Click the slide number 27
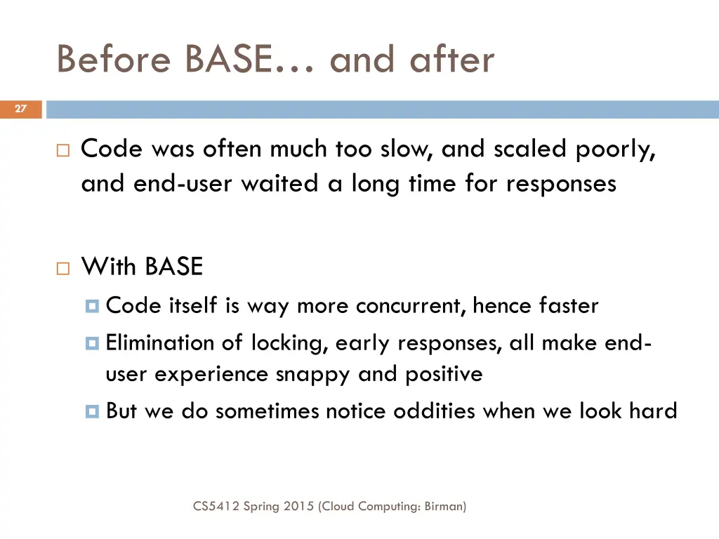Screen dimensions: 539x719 tap(20, 109)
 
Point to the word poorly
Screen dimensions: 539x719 tap(616, 149)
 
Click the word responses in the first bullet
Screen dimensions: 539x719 tap(561, 184)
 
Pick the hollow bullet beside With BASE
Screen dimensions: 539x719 tap(63, 267)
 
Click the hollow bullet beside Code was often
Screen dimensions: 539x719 tap(63, 149)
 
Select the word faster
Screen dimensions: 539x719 tap(569, 306)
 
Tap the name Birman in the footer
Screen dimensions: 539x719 tap(444, 505)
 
